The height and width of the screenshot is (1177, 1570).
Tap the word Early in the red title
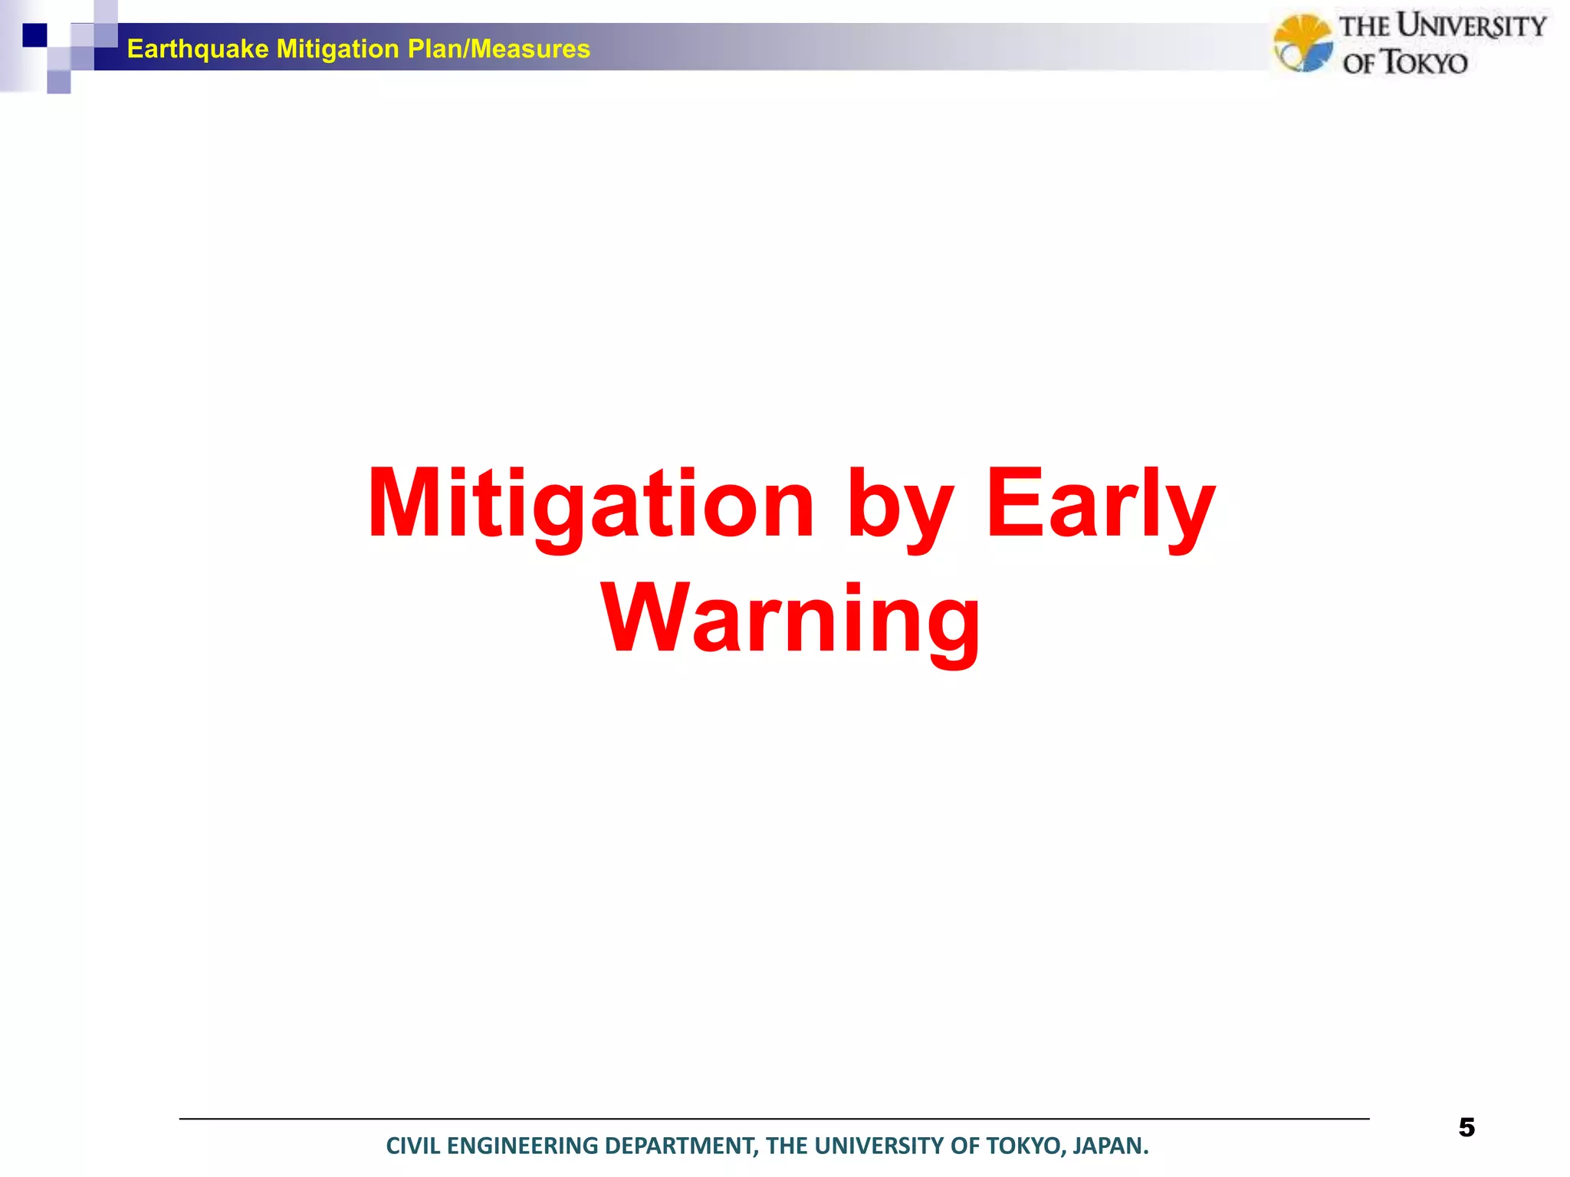pyautogui.click(x=1100, y=506)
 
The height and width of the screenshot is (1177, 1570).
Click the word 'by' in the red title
pyautogui.click(x=898, y=506)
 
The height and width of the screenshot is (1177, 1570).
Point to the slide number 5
pyautogui.click(x=1466, y=1127)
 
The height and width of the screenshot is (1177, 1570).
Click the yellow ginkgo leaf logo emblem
pyautogui.click(x=1302, y=43)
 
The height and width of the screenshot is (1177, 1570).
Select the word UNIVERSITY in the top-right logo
pyautogui.click(x=1470, y=26)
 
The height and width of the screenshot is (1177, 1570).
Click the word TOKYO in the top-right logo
pyautogui.click(x=1424, y=63)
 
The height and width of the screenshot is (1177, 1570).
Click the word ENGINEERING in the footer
pyautogui.click(x=522, y=1146)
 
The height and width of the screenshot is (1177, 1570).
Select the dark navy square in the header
pyautogui.click(x=34, y=35)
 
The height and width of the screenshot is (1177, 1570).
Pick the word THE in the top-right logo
pyautogui.click(x=1365, y=28)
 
